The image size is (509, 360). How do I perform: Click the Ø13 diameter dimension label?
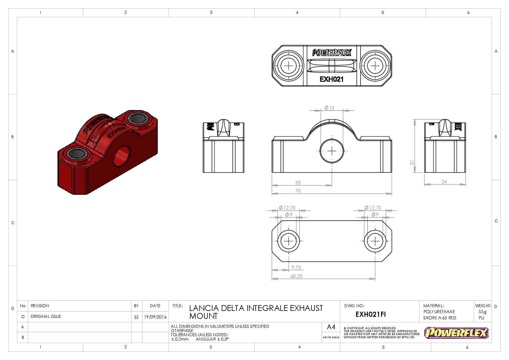tap(329, 108)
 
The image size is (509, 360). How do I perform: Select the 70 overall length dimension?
tap(298, 191)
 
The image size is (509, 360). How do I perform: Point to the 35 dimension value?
tap(298, 183)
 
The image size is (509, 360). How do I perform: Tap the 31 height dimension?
tap(412, 163)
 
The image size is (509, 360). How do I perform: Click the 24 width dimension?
tap(444, 182)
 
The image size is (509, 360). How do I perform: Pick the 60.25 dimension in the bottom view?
tap(296, 276)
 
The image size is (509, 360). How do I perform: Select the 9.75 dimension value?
tap(296, 267)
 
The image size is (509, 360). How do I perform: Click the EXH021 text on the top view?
tap(331, 79)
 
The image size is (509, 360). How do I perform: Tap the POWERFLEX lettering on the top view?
tap(332, 53)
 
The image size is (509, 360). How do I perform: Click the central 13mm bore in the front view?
tap(332, 151)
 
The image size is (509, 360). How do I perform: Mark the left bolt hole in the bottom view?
tap(289, 241)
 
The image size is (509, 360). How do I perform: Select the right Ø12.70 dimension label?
tap(373, 208)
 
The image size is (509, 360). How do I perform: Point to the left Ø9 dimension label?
tap(288, 215)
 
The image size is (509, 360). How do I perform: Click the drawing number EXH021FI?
tap(371, 314)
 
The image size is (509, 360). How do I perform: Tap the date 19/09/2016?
tap(155, 317)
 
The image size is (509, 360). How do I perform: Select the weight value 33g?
tap(482, 312)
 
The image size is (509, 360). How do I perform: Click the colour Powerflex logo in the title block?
tap(456, 333)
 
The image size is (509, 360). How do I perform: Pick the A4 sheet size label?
tap(331, 327)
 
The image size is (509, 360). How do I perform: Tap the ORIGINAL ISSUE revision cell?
tap(46, 316)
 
